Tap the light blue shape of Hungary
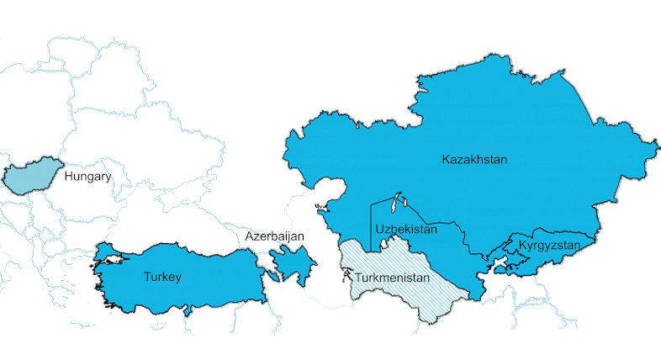click(x=29, y=177)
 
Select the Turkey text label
click(x=162, y=276)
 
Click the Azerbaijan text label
click(x=274, y=237)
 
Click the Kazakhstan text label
click(x=474, y=159)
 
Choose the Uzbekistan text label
click(x=406, y=229)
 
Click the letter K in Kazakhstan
click(x=446, y=159)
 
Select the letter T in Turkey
click(x=147, y=276)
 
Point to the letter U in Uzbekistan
click(x=380, y=229)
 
